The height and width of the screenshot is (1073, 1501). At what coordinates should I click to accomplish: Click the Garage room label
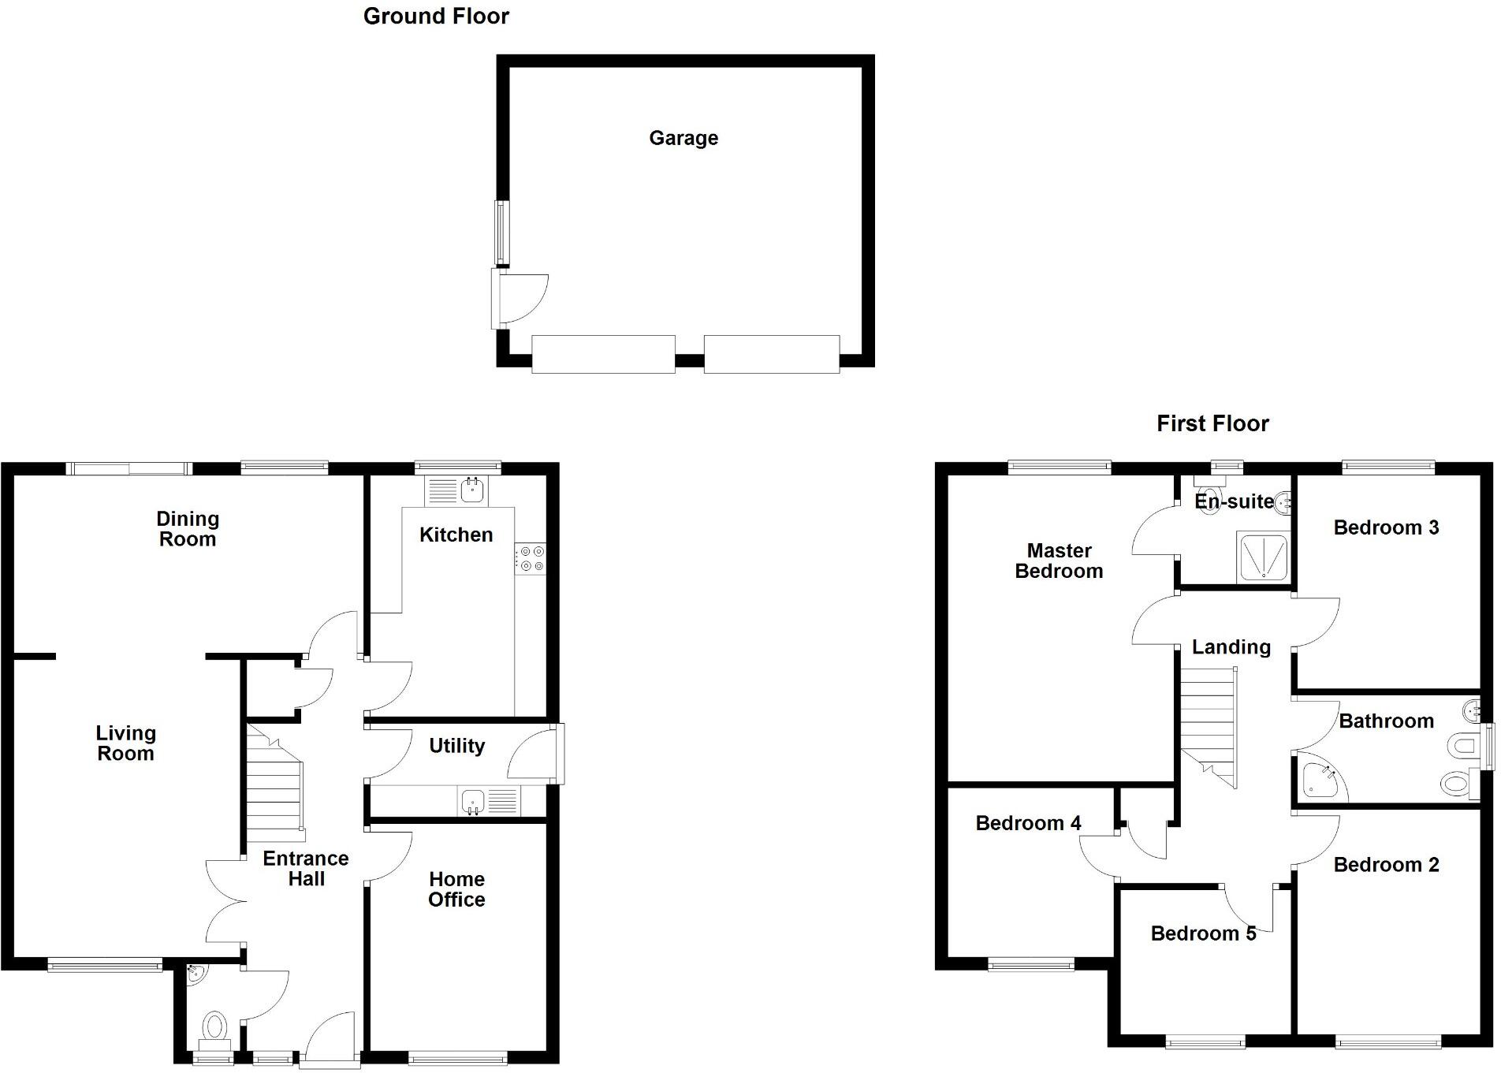(683, 138)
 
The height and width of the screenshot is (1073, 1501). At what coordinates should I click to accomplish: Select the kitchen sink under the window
(472, 491)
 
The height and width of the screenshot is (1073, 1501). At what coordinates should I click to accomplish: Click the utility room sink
(473, 802)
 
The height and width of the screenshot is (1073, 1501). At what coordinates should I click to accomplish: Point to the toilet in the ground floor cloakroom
(214, 1027)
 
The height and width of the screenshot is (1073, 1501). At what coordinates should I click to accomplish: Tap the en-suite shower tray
(1262, 557)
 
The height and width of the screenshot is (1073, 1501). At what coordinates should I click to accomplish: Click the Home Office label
(456, 889)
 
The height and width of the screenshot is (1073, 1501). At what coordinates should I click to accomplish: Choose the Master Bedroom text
(1059, 561)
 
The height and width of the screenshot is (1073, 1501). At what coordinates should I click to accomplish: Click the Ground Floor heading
(436, 16)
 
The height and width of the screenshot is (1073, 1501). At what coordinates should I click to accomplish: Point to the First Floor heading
(1212, 423)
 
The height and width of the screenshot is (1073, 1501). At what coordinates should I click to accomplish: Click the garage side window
(500, 233)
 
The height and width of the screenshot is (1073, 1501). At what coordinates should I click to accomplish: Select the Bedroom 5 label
(1203, 933)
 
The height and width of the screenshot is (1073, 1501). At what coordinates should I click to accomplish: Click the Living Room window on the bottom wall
(105, 963)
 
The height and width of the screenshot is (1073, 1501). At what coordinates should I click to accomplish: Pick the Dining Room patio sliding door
(129, 469)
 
